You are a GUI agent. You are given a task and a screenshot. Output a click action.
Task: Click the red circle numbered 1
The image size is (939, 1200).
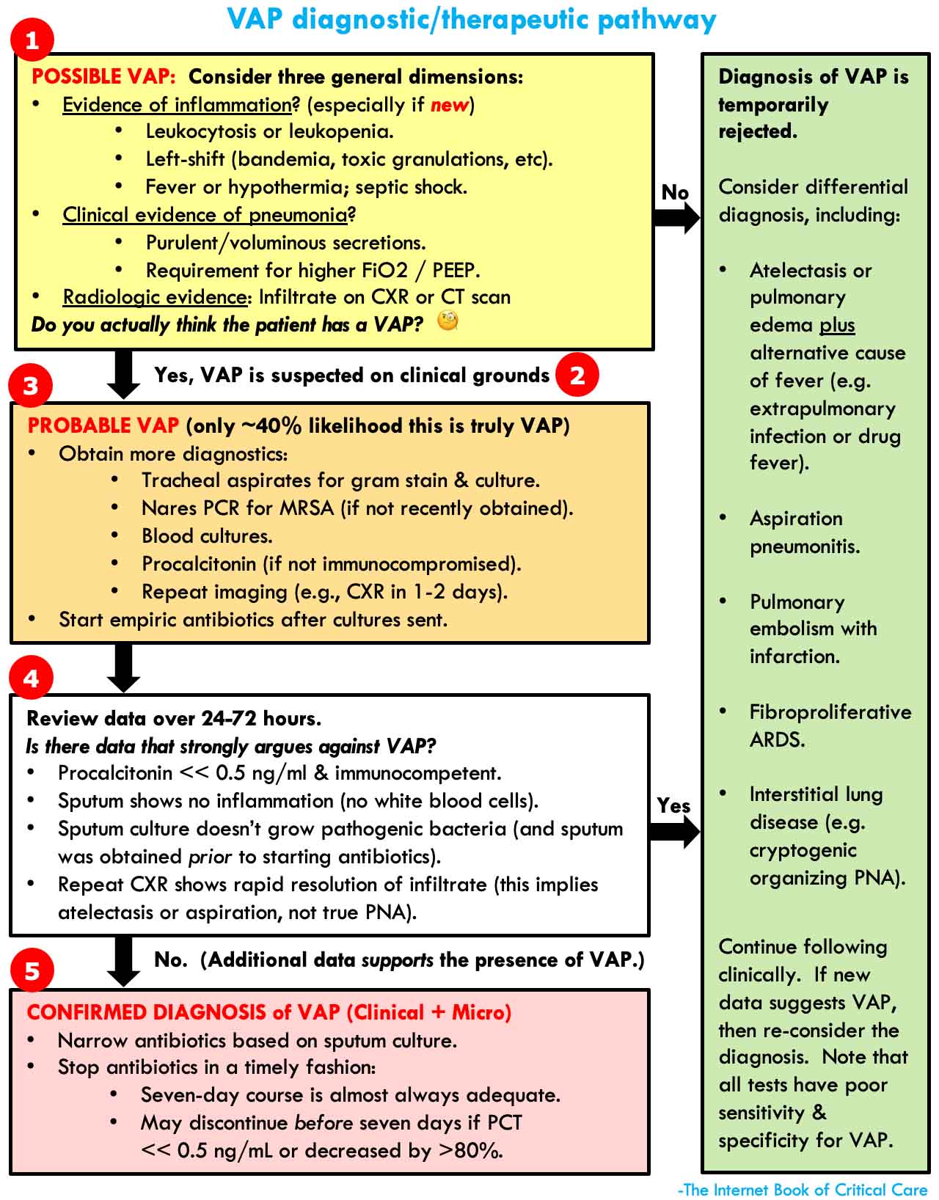[32, 40]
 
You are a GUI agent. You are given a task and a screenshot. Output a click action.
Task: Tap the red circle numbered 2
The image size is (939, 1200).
[577, 375]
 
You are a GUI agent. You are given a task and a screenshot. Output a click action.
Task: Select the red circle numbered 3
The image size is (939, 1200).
[31, 386]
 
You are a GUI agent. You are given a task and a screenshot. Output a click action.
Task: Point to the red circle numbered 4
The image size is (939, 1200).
[31, 678]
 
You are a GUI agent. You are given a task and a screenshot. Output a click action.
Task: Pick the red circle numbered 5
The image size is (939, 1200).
[32, 971]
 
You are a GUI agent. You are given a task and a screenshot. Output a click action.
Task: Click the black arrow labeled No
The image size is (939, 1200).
[676, 217]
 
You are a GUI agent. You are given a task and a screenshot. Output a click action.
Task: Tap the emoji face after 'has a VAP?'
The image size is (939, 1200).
[447, 321]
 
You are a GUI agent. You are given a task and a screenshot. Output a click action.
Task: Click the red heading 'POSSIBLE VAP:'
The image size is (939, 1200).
[103, 77]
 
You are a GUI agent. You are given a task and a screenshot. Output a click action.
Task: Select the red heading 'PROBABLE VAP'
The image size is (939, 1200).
[103, 425]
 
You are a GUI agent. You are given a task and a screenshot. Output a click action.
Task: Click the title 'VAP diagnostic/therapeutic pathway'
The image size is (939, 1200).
[471, 20]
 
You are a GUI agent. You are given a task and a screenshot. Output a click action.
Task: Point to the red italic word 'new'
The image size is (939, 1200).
[449, 105]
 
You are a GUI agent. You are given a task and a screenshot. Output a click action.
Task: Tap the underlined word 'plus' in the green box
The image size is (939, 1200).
[837, 325]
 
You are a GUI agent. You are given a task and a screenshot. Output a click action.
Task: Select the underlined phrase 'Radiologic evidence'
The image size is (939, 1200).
[154, 297]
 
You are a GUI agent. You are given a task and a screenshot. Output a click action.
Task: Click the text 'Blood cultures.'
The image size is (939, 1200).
[207, 536]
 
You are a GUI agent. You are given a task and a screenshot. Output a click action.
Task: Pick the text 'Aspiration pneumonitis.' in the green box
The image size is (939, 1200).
[804, 533]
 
